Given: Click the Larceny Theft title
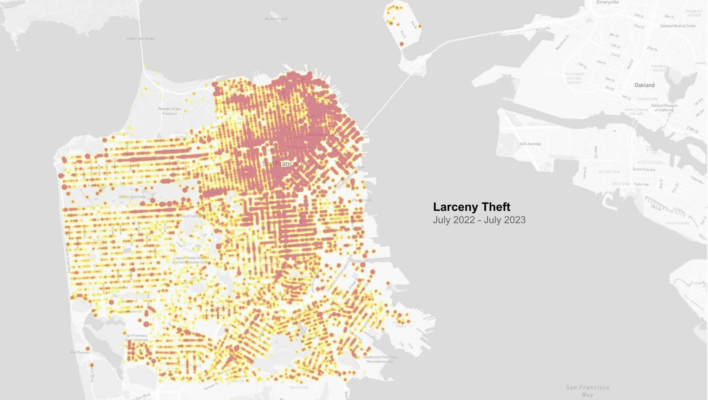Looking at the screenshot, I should tap(472, 207).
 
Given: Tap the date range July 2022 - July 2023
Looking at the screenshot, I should tap(479, 220).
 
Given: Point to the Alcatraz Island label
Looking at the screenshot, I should tap(276, 18).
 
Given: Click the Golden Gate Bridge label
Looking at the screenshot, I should tap(140, 39).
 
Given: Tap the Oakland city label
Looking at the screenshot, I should tap(644, 85).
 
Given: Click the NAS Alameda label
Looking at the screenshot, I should tap(530, 144).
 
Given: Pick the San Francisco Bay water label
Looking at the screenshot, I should tap(588, 391).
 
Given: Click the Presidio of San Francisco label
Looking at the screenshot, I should tap(170, 111).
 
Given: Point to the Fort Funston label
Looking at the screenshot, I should tap(80, 352).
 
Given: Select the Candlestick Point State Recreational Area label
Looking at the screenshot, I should tap(380, 359).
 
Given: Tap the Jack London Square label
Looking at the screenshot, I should tap(636, 111).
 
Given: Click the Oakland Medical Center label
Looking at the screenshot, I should tap(678, 26).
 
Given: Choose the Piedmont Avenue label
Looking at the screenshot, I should tap(694, 13).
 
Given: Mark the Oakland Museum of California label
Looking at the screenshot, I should tap(664, 108).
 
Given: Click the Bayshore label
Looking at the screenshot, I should tap(299, 387).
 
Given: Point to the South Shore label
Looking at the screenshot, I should tap(677, 223).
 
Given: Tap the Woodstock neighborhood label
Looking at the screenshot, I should tap(609, 172).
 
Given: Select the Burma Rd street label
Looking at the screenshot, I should tap(543, 29).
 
